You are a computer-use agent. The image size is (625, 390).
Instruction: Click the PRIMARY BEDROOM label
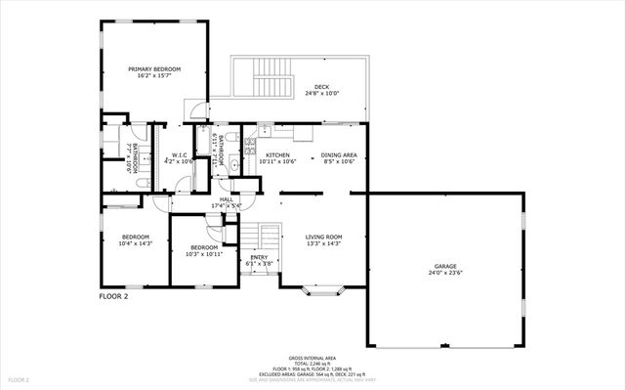[155, 69]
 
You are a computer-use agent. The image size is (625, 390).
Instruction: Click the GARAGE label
[445, 266]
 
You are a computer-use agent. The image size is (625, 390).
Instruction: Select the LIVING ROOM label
[324, 237]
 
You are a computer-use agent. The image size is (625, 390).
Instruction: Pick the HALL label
[226, 199]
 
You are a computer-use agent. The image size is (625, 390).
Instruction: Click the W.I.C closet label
[180, 155]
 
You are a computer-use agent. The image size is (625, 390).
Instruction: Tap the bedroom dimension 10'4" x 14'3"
[135, 244]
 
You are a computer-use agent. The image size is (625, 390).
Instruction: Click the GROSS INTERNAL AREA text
[312, 358]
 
